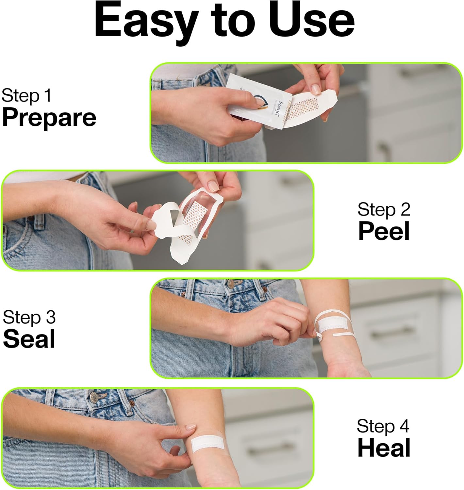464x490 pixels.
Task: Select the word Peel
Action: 384,231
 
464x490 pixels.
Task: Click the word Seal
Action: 29,339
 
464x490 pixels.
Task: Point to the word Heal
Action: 384,448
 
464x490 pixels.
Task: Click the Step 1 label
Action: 26,96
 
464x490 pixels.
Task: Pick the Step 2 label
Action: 384,209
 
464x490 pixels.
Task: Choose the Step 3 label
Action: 29,317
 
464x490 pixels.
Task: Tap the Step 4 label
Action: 383,426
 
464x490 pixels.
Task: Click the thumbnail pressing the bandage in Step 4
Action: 191,427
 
